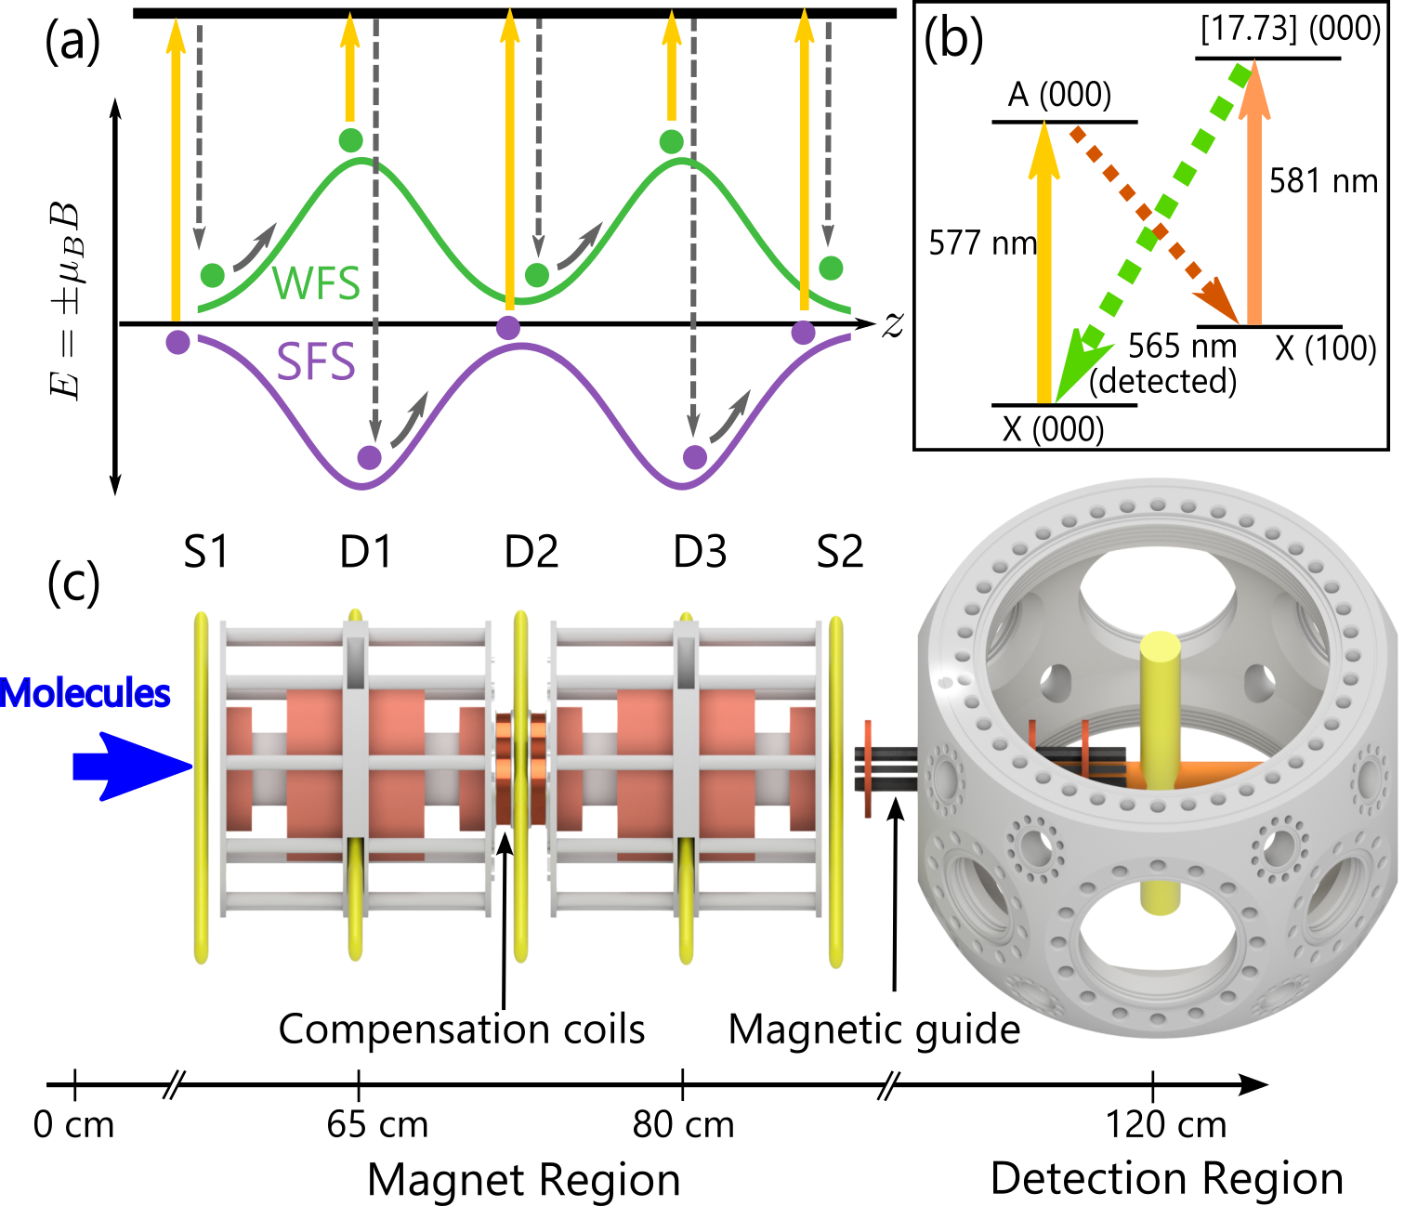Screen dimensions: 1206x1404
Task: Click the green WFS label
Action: coord(316,282)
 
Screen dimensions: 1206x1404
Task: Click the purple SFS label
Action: coord(316,361)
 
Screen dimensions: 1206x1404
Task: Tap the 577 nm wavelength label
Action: coord(982,243)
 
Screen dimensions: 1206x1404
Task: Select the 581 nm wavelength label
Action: coord(1323,180)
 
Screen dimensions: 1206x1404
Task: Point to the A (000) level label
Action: coord(1059,95)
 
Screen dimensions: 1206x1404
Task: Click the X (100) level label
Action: coord(1325,348)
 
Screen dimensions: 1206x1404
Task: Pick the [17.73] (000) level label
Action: coord(1290,29)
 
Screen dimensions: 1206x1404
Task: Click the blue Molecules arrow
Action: coord(130,767)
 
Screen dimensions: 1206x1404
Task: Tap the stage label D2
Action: coord(531,552)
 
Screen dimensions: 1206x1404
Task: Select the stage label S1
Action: coord(205,552)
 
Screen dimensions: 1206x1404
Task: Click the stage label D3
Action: coord(700,552)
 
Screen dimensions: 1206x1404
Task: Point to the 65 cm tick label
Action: coord(377,1125)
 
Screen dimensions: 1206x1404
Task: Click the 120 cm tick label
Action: coord(1165,1125)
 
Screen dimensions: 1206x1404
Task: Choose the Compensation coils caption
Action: coord(462,1029)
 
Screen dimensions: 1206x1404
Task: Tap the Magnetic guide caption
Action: coord(873,1029)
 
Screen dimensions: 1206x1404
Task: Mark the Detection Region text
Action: coord(1166,1178)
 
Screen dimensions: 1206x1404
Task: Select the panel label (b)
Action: coord(953,40)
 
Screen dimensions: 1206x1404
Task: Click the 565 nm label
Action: coord(1182,347)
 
